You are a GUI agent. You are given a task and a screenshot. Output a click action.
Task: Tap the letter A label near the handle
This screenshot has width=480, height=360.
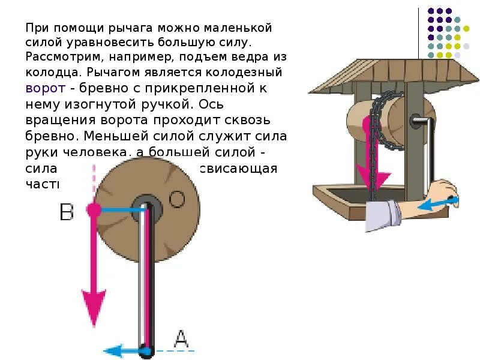(181, 340)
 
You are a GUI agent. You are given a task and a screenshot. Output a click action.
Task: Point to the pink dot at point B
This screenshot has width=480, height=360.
(93, 209)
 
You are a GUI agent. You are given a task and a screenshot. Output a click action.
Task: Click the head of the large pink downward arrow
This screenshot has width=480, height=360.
(93, 309)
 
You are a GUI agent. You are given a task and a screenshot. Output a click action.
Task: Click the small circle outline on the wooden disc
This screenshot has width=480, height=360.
(176, 199)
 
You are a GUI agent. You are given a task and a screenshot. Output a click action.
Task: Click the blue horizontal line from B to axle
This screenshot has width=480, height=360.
(120, 209)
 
